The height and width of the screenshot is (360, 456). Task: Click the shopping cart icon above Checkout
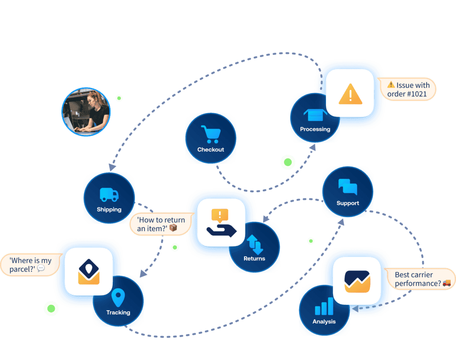tap(210, 134)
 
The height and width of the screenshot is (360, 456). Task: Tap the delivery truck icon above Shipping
tap(109, 194)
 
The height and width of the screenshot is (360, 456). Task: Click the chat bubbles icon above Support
tap(347, 187)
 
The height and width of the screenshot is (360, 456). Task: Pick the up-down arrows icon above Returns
tap(255, 244)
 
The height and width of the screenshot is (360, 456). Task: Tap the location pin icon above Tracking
tap(118, 298)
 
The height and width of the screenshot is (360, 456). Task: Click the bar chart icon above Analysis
tap(324, 307)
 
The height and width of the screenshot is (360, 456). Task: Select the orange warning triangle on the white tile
tap(350, 93)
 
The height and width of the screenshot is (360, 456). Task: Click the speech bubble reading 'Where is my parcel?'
tap(30, 264)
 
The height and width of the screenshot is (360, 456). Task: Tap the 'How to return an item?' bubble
tap(161, 224)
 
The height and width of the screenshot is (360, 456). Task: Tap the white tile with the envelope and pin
tap(89, 271)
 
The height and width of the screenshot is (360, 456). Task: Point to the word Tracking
tap(118, 312)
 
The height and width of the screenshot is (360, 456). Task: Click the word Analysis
tap(324, 321)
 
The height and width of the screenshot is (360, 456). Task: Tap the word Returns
tap(254, 259)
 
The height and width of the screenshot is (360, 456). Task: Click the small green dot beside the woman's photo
tap(119, 98)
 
